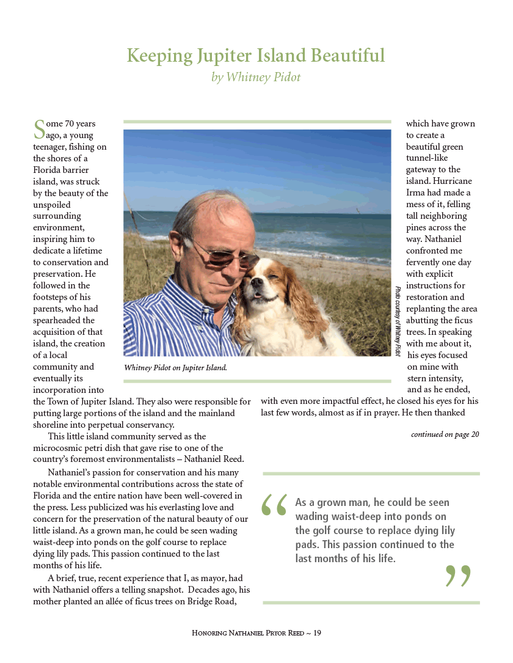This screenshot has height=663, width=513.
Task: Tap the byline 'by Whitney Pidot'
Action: click(x=256, y=78)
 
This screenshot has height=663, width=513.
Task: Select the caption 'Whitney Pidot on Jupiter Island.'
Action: click(x=175, y=368)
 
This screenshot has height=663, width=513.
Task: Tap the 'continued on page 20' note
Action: click(x=445, y=434)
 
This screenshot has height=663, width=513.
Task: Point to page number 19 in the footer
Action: click(x=317, y=633)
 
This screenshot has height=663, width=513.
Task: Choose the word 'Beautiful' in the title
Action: click(x=349, y=56)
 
